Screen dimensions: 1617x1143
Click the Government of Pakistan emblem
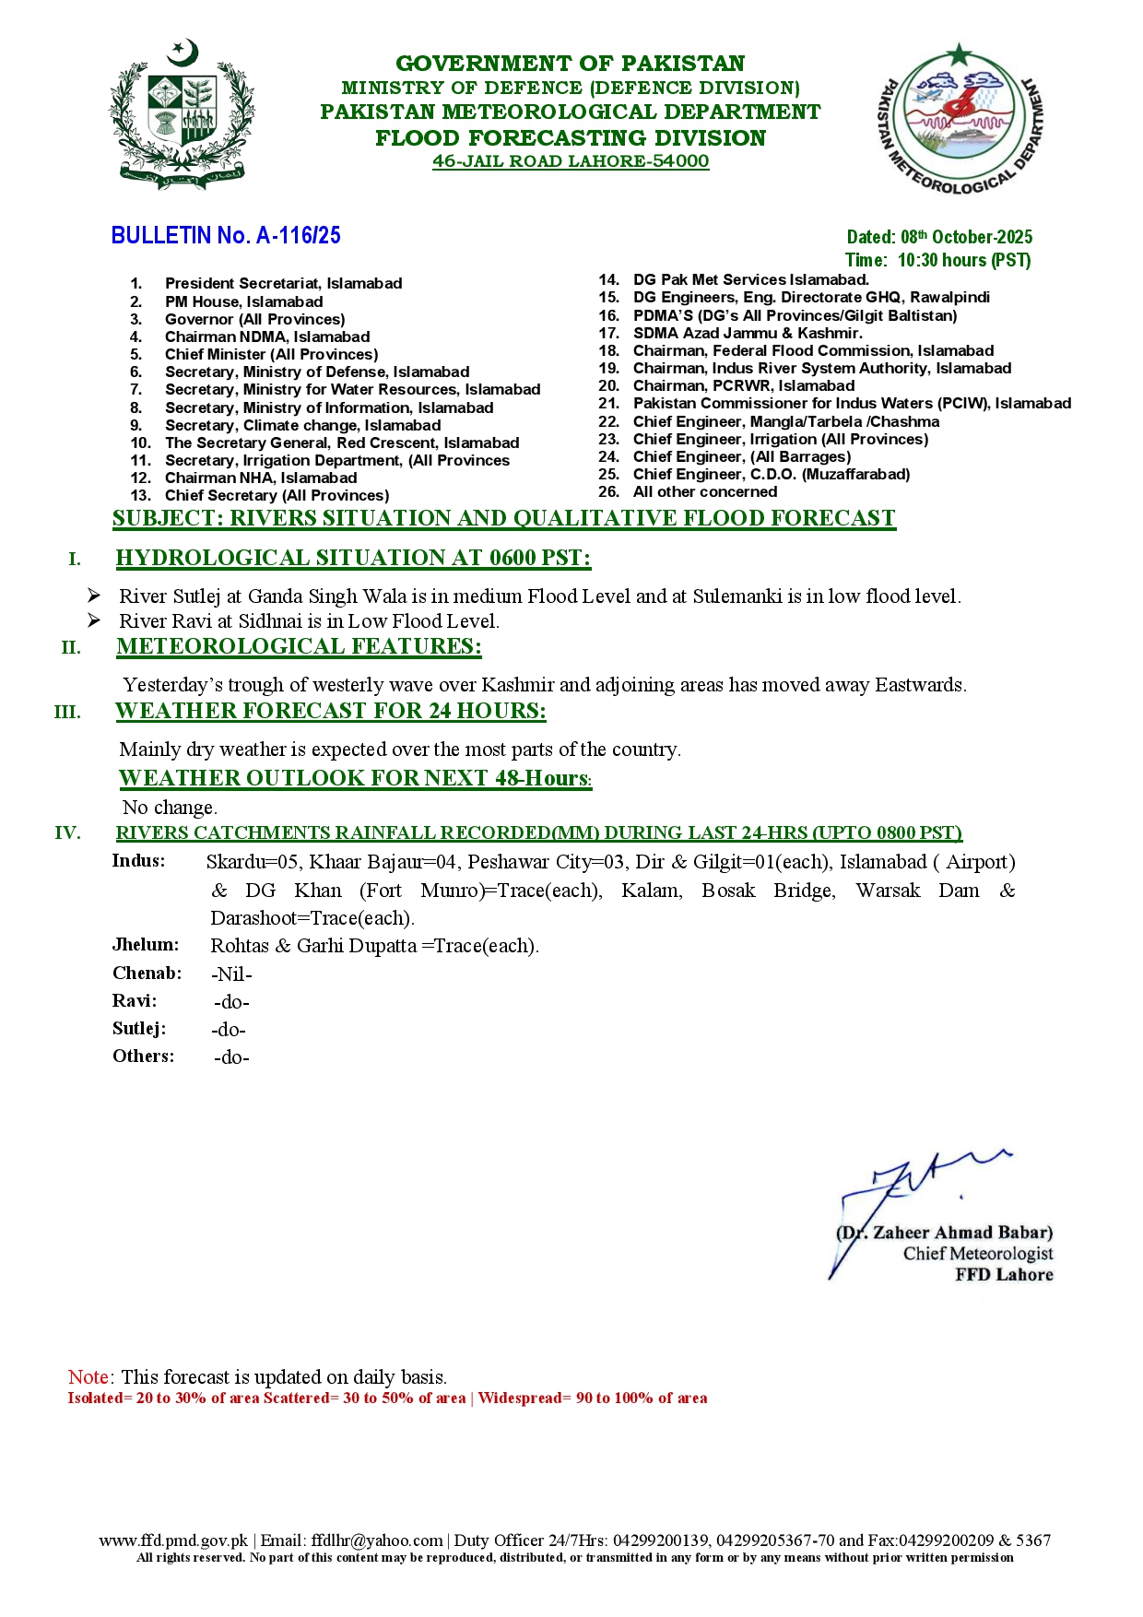click(x=183, y=115)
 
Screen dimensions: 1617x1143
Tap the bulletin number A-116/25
click(x=226, y=236)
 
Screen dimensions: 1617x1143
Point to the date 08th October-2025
click(x=939, y=237)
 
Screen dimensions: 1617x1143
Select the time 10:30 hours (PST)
click(x=937, y=260)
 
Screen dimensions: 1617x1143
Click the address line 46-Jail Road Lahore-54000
click(x=571, y=161)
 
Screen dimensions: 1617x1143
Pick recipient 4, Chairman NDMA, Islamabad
click(x=267, y=336)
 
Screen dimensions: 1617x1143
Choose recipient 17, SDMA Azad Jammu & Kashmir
click(x=747, y=333)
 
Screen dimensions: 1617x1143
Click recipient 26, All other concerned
click(x=704, y=492)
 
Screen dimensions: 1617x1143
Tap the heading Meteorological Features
click(x=299, y=646)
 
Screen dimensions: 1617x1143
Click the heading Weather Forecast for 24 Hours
click(x=330, y=711)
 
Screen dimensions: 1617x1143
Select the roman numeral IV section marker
click(x=67, y=833)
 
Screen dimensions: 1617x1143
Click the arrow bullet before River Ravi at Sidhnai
click(x=94, y=620)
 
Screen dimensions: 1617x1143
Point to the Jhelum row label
click(x=146, y=945)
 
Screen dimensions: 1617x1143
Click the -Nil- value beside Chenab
click(x=231, y=974)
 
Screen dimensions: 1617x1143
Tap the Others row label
click(x=143, y=1056)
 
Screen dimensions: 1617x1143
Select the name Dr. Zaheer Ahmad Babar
click(x=945, y=1233)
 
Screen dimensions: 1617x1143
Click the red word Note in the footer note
click(x=89, y=1377)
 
